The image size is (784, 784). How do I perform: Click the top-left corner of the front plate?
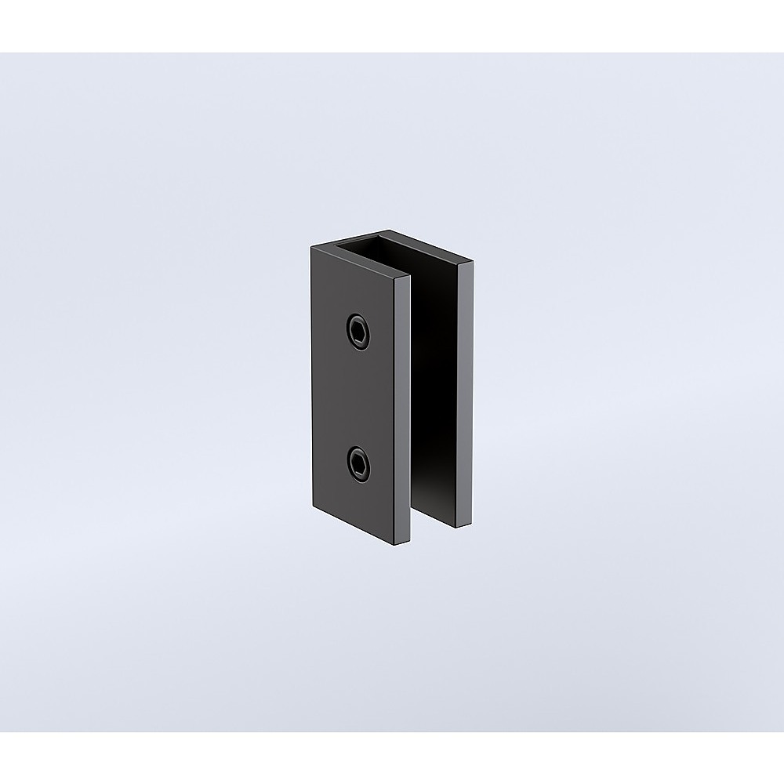click(x=311, y=246)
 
